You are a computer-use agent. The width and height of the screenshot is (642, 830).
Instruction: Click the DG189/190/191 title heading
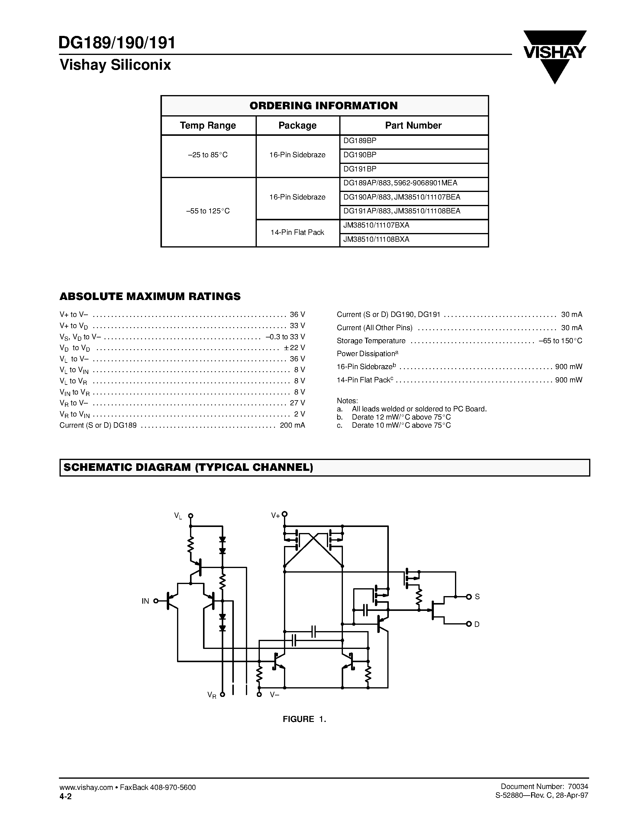coord(117,43)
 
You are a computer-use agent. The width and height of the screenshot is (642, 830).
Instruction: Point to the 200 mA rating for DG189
coord(292,425)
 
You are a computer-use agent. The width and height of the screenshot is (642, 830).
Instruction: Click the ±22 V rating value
coord(294,348)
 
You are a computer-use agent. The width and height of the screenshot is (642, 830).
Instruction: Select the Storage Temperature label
coord(371,341)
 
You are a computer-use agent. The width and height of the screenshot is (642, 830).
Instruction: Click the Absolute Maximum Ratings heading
coord(150,296)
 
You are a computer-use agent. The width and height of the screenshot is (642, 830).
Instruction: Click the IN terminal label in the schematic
coord(145,601)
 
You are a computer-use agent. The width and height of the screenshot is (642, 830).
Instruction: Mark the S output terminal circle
coord(469,597)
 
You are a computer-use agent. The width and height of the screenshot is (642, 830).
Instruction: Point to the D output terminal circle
coord(469,624)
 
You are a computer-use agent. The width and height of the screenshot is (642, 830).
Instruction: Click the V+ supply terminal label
coord(275,516)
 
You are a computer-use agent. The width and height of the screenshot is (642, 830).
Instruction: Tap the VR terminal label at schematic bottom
coord(212,695)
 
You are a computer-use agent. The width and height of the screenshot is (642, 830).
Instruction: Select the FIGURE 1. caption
coord(304,719)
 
